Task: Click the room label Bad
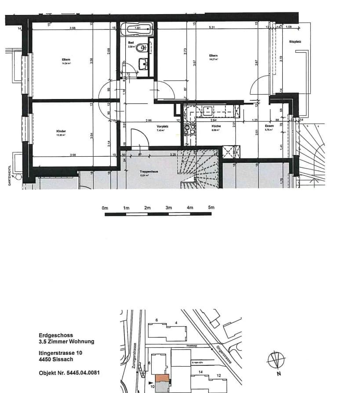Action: (137, 43)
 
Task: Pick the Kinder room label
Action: (60, 131)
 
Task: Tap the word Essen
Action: (269, 126)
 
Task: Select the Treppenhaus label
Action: (146, 172)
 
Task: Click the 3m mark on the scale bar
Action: (168, 207)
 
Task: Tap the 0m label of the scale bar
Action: (105, 207)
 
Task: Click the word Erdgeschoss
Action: (55, 335)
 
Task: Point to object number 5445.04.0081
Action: (69, 373)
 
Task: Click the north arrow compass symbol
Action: (275, 361)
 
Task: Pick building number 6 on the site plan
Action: (156, 320)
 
